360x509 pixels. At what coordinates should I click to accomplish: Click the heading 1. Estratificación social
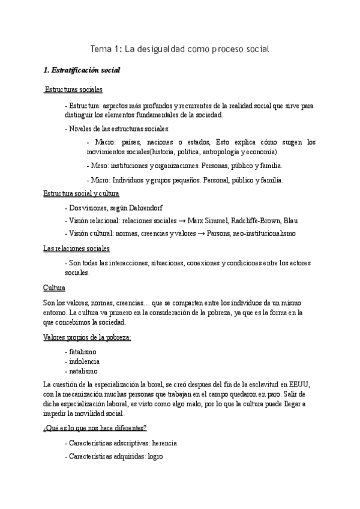click(x=82, y=70)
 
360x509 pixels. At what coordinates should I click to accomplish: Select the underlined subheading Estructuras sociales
click(x=74, y=90)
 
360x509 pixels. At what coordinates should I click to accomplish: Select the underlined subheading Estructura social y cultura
click(x=82, y=194)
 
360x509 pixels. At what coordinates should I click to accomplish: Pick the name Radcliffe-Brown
click(x=254, y=221)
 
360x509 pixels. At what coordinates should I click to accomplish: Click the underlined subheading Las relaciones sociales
click(x=76, y=248)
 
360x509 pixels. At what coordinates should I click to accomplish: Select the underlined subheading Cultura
click(x=54, y=288)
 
